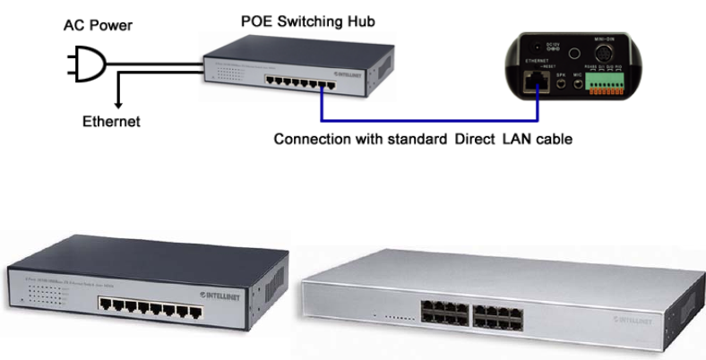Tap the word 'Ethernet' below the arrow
point(111,121)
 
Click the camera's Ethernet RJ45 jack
point(536,81)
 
